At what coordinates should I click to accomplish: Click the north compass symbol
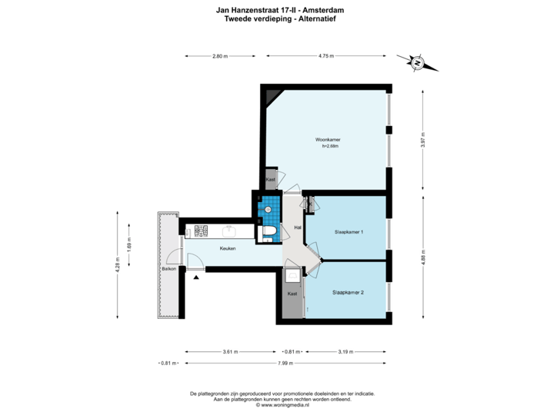click(x=416, y=63)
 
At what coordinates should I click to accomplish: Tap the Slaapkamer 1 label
click(x=349, y=231)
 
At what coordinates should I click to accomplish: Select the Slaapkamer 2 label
click(x=348, y=293)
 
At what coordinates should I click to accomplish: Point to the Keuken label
click(x=227, y=248)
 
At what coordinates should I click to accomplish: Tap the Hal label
click(x=298, y=228)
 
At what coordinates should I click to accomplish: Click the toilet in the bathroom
click(x=269, y=232)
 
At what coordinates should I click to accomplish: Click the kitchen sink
click(x=229, y=230)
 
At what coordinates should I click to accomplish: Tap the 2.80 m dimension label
click(x=220, y=56)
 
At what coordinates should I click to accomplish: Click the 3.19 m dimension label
click(x=345, y=352)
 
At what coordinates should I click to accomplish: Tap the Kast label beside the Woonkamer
click(x=270, y=180)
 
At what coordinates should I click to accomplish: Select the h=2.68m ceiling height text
click(x=329, y=146)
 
